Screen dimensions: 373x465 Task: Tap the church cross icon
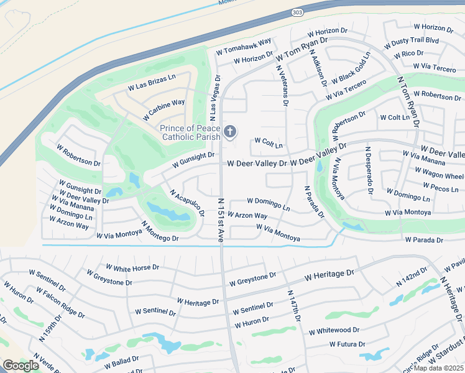(230, 131)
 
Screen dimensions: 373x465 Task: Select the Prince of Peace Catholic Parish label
(190, 132)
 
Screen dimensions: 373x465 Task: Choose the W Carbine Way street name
(163, 109)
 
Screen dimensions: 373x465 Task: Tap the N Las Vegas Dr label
(214, 98)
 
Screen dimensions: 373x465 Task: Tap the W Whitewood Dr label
(334, 331)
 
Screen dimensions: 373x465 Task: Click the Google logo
(21, 366)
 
